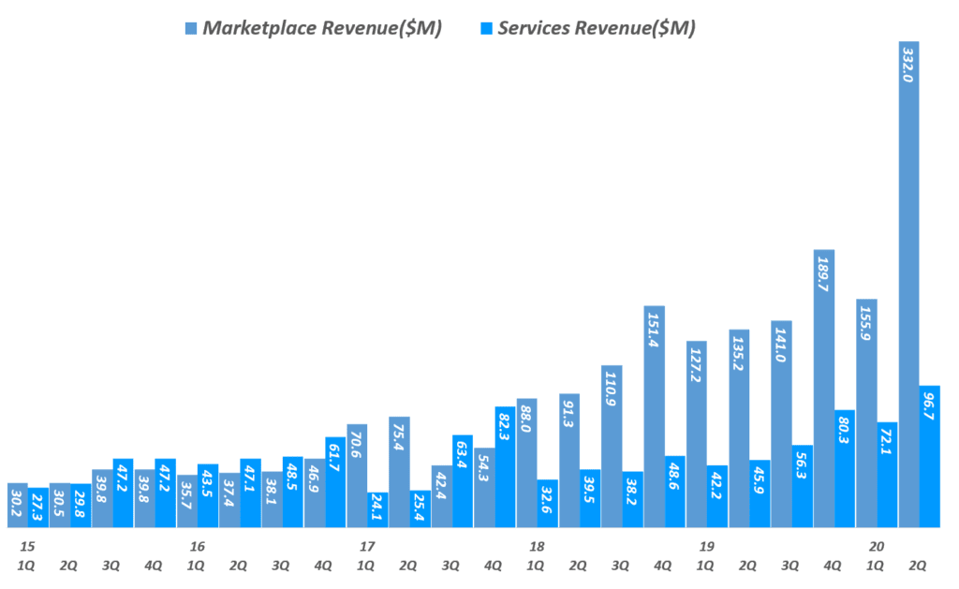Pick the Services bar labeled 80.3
845,468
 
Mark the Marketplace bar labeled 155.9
866,413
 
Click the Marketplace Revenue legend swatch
192,28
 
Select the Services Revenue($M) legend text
598,28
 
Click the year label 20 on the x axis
877,546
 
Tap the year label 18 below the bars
537,546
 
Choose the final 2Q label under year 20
919,565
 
